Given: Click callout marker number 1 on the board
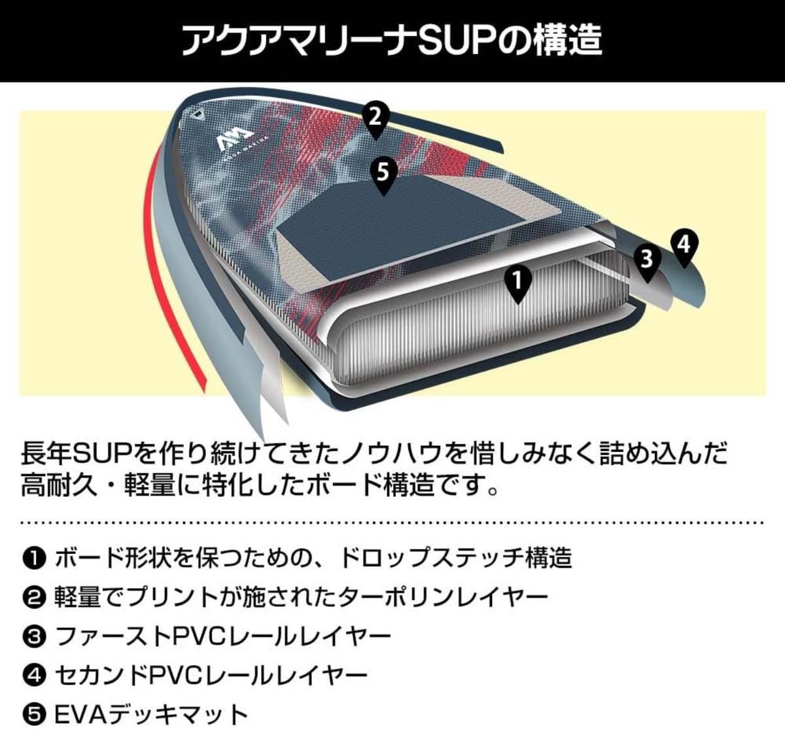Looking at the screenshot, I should (x=517, y=283).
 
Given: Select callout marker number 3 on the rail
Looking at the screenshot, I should (x=646, y=260).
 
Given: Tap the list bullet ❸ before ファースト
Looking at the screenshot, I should (x=32, y=637).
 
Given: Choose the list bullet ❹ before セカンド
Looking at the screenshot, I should (x=32, y=676).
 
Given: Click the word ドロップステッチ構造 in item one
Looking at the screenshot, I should (x=454, y=558).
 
